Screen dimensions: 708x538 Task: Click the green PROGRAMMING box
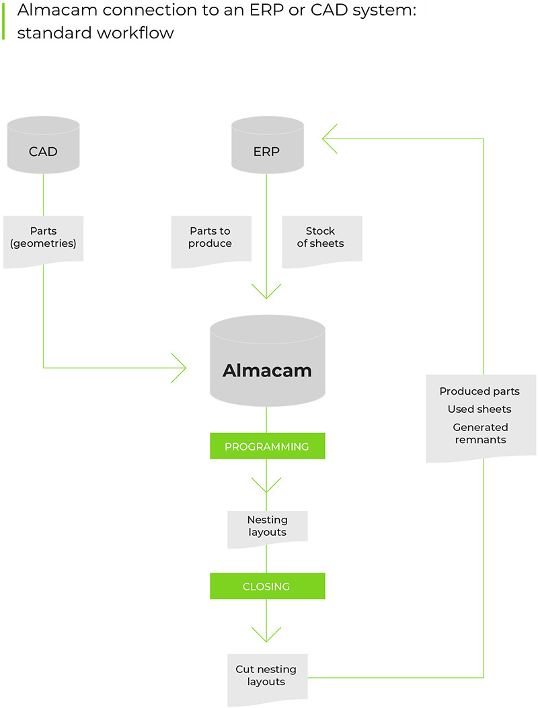click(x=267, y=446)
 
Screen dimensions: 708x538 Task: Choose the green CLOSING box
click(x=267, y=586)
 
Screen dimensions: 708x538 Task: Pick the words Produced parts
click(x=479, y=391)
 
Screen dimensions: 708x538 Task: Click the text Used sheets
click(x=479, y=409)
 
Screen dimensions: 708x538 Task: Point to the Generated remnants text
click(x=479, y=434)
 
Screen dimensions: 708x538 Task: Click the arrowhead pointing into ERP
click(x=330, y=139)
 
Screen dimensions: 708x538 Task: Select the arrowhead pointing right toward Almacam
click(x=180, y=368)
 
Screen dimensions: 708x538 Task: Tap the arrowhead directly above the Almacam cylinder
click(x=266, y=292)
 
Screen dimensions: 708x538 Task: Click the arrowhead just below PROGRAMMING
click(x=266, y=485)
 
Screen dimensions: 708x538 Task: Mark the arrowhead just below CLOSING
click(x=266, y=635)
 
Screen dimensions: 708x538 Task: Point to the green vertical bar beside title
click(x=3, y=21)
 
